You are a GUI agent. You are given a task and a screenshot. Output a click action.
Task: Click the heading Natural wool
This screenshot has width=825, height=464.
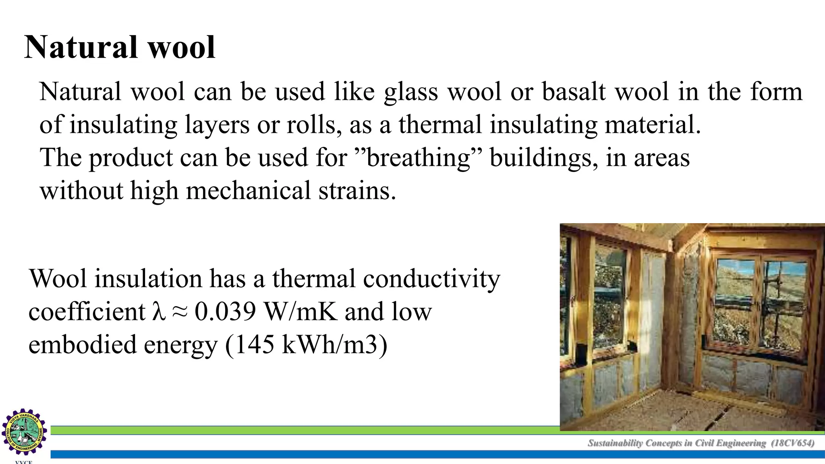[x=120, y=48]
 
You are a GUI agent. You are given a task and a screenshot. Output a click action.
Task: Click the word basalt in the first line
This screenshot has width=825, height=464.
[x=574, y=91]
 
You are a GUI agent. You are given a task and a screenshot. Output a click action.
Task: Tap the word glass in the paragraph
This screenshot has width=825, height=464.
[x=410, y=92]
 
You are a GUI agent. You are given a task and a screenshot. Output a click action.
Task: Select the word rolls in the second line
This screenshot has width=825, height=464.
[x=311, y=124]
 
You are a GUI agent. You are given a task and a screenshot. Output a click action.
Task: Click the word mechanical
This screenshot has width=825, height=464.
[x=248, y=191]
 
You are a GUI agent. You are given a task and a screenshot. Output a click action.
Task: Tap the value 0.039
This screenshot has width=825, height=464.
[x=225, y=312]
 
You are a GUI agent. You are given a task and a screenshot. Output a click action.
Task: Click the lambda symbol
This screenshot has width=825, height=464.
[x=159, y=312]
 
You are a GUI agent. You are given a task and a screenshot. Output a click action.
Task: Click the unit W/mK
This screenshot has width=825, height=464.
[x=300, y=312]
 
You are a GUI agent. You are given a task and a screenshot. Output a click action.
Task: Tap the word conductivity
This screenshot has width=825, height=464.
[x=431, y=279]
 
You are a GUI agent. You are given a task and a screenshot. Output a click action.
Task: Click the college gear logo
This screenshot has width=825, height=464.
[x=24, y=432]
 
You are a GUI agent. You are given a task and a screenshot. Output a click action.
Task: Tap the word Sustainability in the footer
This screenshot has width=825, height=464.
[x=615, y=443]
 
